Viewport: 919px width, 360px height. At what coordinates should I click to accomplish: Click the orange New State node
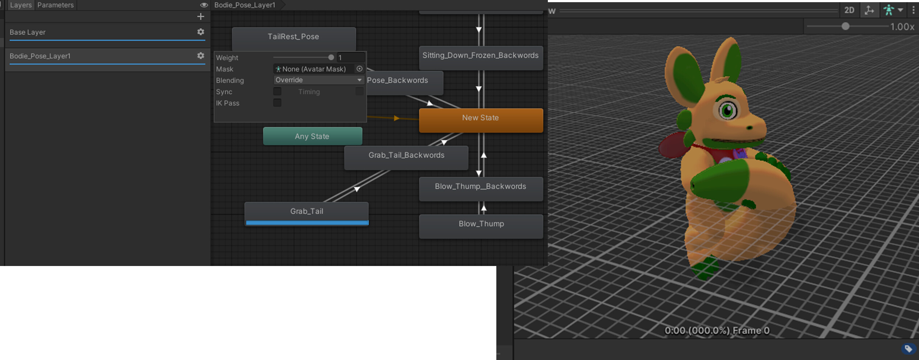click(481, 120)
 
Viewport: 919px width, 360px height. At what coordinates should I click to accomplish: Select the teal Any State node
click(312, 136)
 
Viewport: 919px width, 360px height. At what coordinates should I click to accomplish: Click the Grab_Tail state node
click(307, 214)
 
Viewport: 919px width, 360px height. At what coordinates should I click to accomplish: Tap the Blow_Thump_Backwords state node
click(481, 189)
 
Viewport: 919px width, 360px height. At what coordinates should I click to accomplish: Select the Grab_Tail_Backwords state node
click(406, 157)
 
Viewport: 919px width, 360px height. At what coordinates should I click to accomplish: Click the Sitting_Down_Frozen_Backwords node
click(481, 58)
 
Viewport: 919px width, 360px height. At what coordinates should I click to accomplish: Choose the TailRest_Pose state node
click(294, 39)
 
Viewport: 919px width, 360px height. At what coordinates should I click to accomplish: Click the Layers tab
click(21, 5)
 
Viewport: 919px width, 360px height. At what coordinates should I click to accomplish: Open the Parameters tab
click(56, 5)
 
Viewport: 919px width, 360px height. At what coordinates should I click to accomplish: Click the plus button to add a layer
click(201, 16)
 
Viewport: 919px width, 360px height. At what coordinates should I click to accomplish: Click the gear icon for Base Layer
click(201, 32)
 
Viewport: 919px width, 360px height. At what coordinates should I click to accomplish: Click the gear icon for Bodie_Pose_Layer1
click(201, 56)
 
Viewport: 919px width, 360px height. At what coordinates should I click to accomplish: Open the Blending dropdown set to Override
click(319, 80)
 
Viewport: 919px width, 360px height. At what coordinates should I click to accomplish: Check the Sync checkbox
click(277, 91)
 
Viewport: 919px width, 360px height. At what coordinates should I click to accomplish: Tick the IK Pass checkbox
click(277, 103)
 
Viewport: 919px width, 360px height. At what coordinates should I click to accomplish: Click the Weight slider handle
click(331, 57)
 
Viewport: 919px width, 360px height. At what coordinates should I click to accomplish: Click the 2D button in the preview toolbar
click(849, 10)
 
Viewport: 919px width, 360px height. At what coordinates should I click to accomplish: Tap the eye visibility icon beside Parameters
click(204, 5)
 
